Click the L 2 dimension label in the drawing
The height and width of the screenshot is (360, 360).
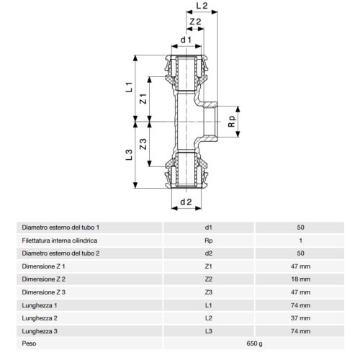(201, 6)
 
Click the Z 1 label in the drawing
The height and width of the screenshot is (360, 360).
(144, 102)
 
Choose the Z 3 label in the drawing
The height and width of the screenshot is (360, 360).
(144, 144)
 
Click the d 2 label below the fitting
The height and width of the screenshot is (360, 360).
(185, 202)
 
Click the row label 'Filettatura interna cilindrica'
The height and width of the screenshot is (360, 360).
(65, 240)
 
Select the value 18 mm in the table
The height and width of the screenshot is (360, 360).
(300, 279)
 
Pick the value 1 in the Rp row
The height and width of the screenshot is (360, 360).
(300, 240)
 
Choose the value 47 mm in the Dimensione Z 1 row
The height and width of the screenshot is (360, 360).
(300, 266)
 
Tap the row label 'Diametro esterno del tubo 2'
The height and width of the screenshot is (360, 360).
(66, 253)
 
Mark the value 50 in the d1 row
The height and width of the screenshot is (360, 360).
(300, 227)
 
